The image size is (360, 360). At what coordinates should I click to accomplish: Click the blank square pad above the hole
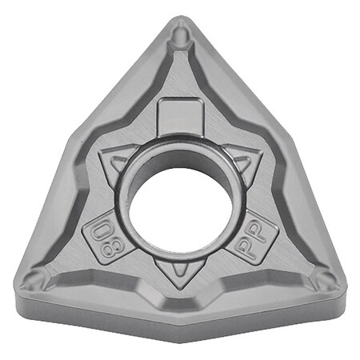pyautogui.click(x=179, y=117)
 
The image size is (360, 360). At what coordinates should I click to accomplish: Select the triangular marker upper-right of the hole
pyautogui.click(x=242, y=162)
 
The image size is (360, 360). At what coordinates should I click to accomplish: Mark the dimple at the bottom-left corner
pyautogui.click(x=34, y=280)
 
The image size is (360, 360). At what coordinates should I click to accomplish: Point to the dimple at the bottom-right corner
pyautogui.click(x=326, y=279)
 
